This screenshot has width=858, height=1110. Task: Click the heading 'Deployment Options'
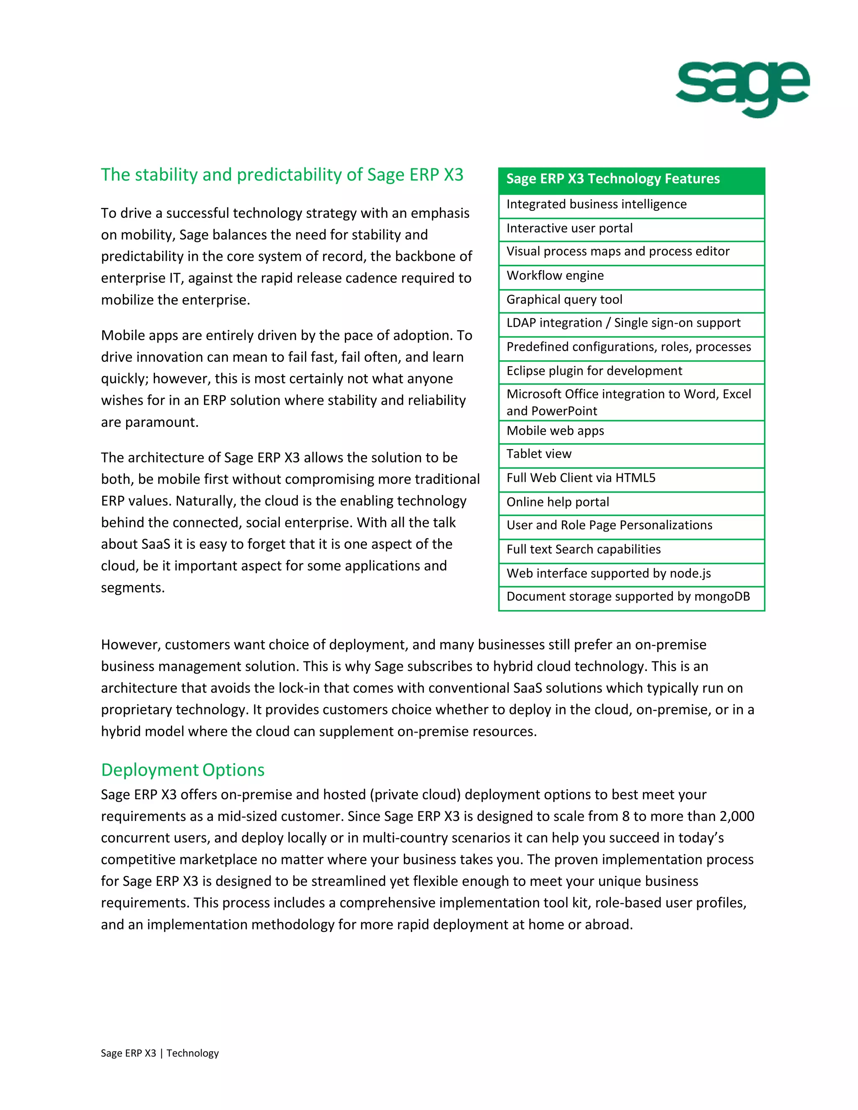(x=183, y=770)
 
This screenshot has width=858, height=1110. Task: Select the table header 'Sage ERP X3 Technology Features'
(x=612, y=179)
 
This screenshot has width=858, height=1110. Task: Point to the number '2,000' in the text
(x=737, y=816)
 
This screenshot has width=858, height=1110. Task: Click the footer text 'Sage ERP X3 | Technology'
(x=160, y=1053)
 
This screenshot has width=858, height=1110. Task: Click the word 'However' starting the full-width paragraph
(x=129, y=645)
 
